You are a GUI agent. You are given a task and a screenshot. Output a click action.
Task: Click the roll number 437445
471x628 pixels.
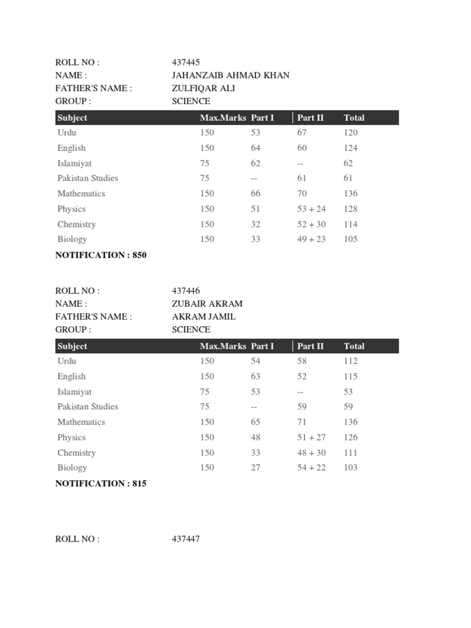tap(186, 63)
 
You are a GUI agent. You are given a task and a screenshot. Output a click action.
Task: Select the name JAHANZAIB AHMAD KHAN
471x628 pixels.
tap(231, 75)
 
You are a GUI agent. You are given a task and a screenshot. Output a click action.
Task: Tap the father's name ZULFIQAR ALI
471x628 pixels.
tap(204, 88)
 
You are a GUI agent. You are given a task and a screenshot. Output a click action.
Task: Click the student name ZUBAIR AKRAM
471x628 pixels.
tap(207, 304)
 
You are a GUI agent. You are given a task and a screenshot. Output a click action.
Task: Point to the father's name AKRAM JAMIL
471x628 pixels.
tap(204, 316)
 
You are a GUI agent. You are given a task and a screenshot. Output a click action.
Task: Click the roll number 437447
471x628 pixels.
tap(186, 539)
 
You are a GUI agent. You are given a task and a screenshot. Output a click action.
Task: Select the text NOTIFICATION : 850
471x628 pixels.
tap(101, 255)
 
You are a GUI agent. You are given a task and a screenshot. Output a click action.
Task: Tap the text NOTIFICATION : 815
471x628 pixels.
tap(101, 483)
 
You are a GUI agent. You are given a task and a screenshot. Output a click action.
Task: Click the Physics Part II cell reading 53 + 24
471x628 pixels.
tap(312, 209)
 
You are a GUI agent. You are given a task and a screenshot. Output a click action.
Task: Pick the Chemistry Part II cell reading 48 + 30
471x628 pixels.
tap(312, 453)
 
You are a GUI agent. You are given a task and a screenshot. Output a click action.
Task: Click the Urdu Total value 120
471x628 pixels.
tap(351, 132)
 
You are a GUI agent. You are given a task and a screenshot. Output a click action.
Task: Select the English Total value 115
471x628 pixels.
tap(351, 377)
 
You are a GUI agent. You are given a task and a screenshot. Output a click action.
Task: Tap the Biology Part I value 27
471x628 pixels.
tap(256, 467)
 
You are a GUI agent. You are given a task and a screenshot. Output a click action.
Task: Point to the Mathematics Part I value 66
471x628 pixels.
tap(256, 194)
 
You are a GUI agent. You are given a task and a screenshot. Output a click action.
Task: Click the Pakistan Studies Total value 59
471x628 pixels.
tap(348, 407)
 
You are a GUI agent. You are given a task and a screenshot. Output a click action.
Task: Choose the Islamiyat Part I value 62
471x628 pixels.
tap(256, 163)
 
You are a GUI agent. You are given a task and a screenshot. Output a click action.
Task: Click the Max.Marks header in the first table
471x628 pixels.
tap(223, 118)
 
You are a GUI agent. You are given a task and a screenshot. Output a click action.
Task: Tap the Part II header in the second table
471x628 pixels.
tap(310, 346)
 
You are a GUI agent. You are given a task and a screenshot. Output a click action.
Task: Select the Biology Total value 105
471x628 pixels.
tap(351, 239)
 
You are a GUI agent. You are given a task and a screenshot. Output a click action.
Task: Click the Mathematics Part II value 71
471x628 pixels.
tap(302, 422)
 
